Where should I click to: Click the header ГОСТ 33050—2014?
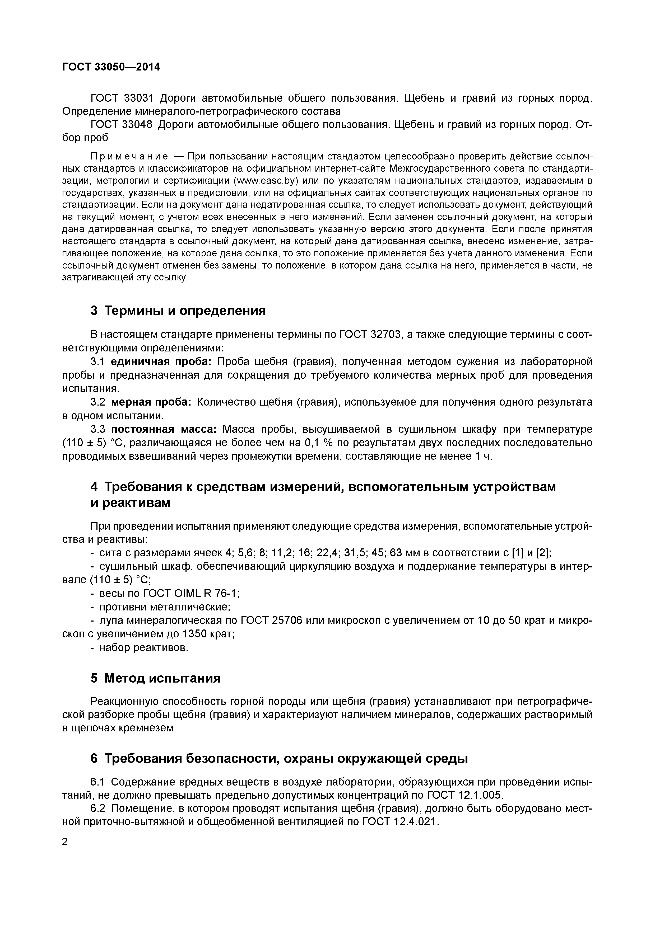coord(111,67)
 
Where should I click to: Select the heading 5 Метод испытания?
coord(155,678)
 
